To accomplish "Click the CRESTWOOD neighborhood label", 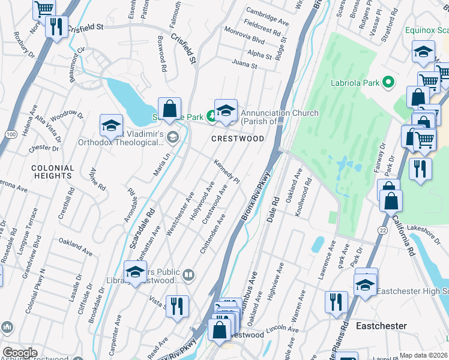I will (x=237, y=139).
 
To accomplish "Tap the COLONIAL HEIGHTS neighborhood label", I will (x=53, y=172).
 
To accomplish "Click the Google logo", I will (x=20, y=353).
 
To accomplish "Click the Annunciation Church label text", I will (x=276, y=113).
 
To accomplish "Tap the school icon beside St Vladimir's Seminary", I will (x=111, y=125).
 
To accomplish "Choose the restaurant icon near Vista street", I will (x=177, y=306).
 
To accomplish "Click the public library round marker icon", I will (x=188, y=275).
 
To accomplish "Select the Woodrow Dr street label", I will (x=66, y=113).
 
